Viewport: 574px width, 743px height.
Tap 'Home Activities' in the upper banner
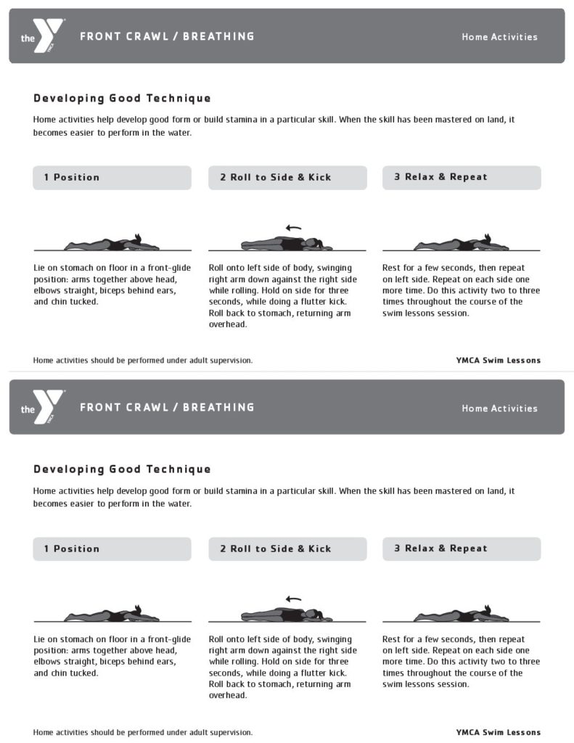pyautogui.click(x=499, y=37)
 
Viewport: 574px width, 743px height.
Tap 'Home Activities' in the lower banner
pyautogui.click(x=499, y=409)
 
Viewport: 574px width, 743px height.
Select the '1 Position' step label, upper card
pyautogui.click(x=71, y=177)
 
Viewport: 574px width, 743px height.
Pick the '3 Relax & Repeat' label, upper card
pyautogui.click(x=440, y=177)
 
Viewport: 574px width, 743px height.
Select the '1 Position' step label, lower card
pyautogui.click(x=71, y=549)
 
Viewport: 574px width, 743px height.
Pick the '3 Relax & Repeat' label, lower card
pyautogui.click(x=440, y=549)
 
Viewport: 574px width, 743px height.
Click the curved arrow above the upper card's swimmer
pyautogui.click(x=293, y=228)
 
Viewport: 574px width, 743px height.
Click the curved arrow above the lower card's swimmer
pyautogui.click(x=293, y=599)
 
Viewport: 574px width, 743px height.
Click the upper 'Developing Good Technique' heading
pyautogui.click(x=122, y=98)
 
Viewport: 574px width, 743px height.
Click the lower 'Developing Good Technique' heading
pyautogui.click(x=122, y=469)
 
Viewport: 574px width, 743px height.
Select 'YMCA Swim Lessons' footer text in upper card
pyautogui.click(x=498, y=361)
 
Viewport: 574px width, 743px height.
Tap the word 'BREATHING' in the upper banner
pyautogui.click(x=218, y=36)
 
